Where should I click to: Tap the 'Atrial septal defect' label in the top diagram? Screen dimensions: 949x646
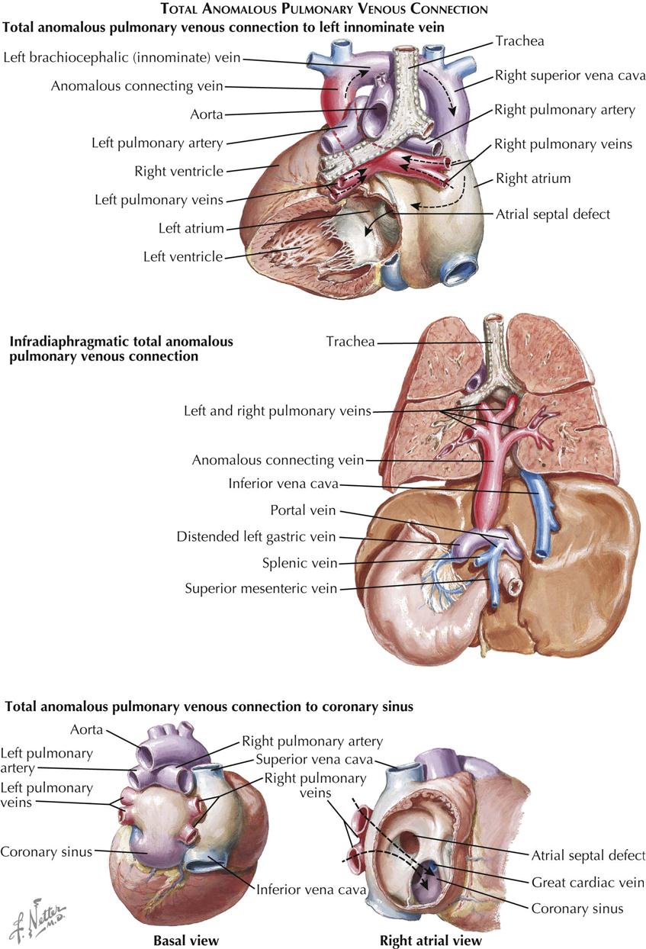click(x=553, y=214)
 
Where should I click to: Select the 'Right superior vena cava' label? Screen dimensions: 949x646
click(x=570, y=76)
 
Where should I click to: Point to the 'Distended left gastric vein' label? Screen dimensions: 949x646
click(x=256, y=537)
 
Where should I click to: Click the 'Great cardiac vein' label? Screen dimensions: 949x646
click(x=588, y=882)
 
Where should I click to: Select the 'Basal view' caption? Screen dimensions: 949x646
click(x=186, y=941)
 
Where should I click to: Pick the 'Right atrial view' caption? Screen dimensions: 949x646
click(x=431, y=941)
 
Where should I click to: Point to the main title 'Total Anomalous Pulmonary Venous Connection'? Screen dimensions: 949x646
click(x=323, y=10)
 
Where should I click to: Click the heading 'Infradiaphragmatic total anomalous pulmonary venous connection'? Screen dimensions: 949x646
click(x=121, y=349)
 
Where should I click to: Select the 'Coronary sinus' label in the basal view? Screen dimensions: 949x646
click(x=47, y=851)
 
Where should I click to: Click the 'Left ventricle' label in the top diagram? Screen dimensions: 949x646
click(x=183, y=256)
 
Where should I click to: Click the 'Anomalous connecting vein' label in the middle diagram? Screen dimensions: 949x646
click(x=278, y=460)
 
